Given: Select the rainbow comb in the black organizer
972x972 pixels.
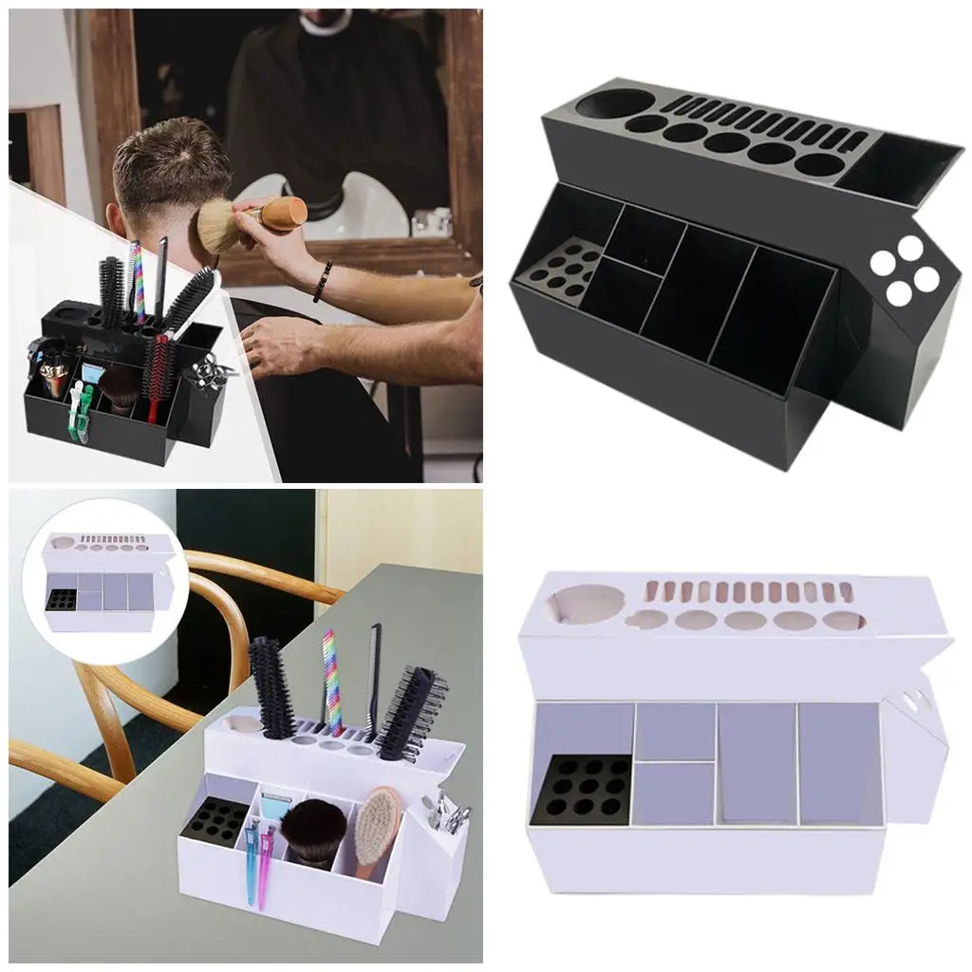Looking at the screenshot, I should [x=137, y=281].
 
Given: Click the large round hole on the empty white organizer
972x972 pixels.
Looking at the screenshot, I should [x=578, y=606].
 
